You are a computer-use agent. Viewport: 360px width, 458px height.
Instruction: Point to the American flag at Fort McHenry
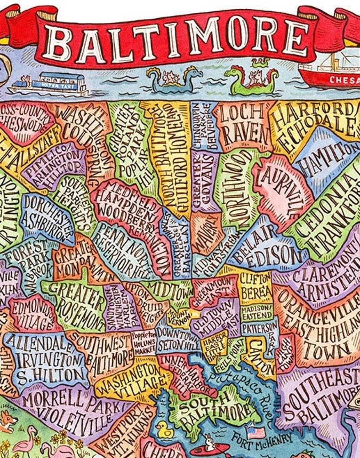256,433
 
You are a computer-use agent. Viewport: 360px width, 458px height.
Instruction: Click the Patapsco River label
240,386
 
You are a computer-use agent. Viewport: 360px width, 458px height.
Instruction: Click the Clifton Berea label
256,286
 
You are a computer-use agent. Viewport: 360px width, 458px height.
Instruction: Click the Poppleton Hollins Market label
144,343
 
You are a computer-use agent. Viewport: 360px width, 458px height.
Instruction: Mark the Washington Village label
132,380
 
